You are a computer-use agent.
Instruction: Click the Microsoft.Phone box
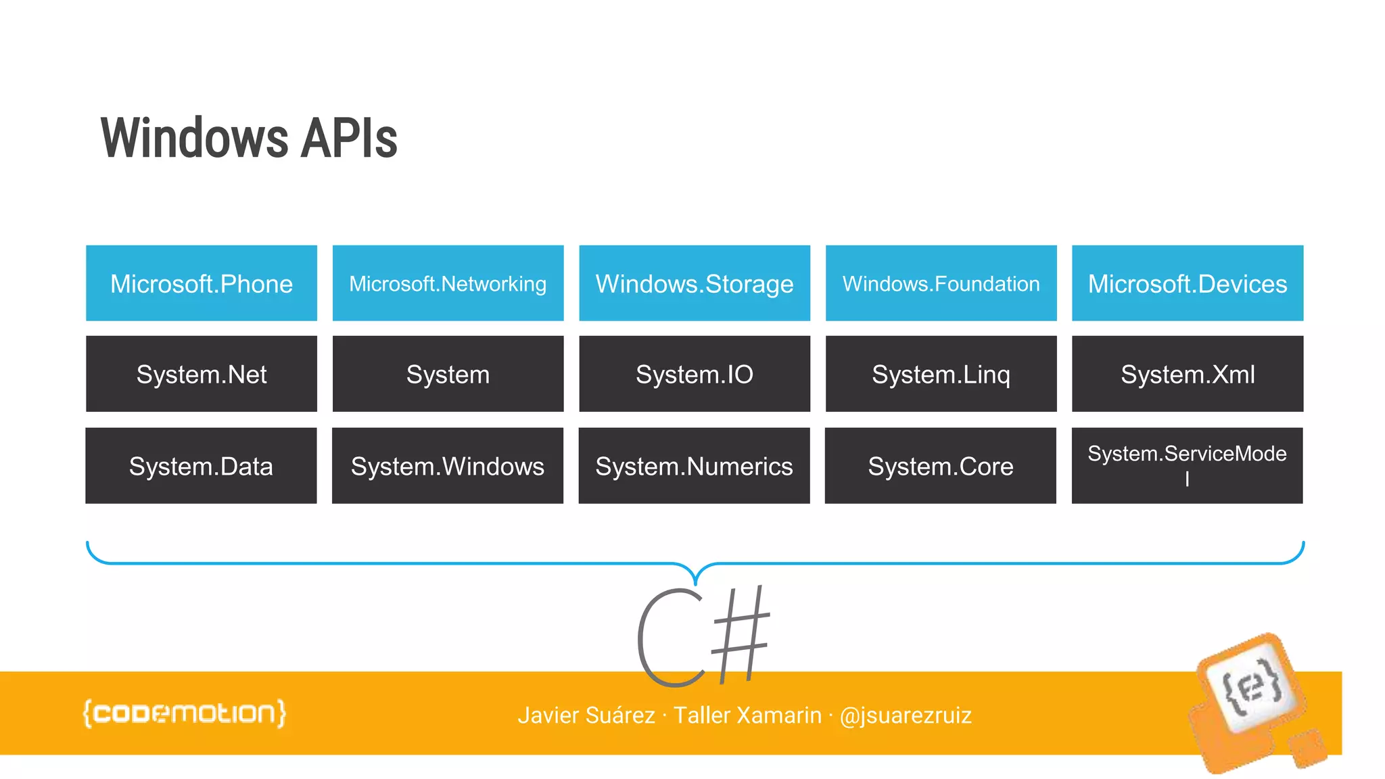click(x=202, y=283)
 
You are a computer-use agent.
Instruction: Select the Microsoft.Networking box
click(x=448, y=283)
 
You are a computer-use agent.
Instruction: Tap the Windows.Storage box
click(x=695, y=283)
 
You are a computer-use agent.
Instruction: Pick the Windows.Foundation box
click(x=941, y=283)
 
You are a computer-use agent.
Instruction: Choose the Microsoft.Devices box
click(x=1188, y=283)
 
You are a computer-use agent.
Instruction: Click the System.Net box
click(x=202, y=374)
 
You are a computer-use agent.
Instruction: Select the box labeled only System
click(x=448, y=374)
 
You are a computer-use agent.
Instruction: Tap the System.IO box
click(x=695, y=374)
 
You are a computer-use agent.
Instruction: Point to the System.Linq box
click(x=941, y=374)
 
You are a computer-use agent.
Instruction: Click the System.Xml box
click(x=1188, y=374)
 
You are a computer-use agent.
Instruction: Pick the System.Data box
click(x=201, y=465)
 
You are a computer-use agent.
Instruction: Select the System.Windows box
click(x=448, y=465)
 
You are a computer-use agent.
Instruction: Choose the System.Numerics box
click(x=694, y=465)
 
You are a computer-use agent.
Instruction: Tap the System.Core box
click(x=940, y=465)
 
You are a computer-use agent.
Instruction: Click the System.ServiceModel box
click(x=1187, y=465)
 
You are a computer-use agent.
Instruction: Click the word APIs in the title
click(x=348, y=139)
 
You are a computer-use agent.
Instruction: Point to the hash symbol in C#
click(x=741, y=634)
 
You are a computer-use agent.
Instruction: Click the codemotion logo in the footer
click(x=185, y=713)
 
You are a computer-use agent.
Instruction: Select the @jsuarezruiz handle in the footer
click(x=905, y=715)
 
